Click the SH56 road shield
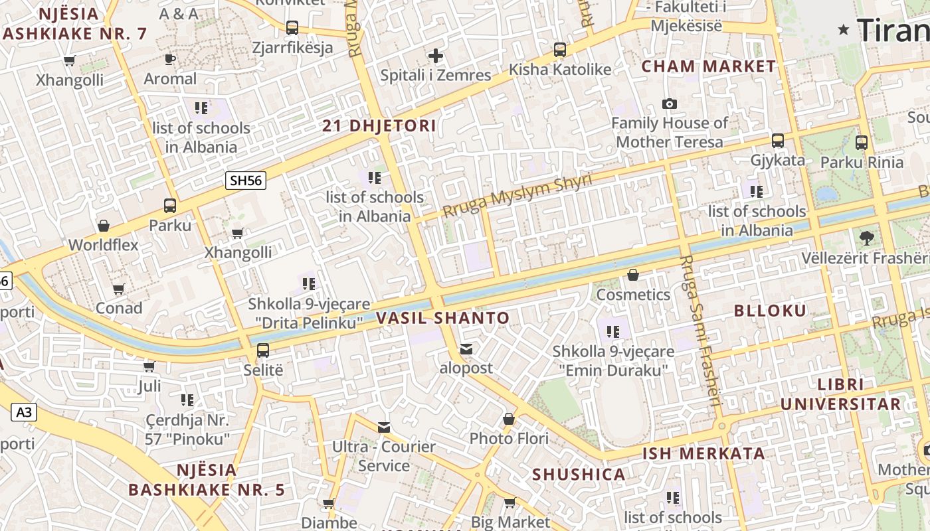(245, 181)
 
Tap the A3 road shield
(24, 412)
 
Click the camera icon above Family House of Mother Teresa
(669, 104)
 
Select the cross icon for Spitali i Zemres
(436, 56)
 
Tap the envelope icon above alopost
(467, 348)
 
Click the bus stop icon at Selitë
(263, 350)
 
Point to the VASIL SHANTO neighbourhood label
(442, 318)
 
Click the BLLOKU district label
(770, 311)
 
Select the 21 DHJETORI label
(379, 125)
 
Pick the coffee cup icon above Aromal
(170, 59)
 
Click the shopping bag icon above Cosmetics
(633, 275)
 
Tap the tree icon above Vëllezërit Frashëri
(866, 238)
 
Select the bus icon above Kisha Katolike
(560, 50)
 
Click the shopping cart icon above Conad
(119, 289)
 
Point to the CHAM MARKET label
(708, 66)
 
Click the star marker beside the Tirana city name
(844, 29)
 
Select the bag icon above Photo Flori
(509, 419)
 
